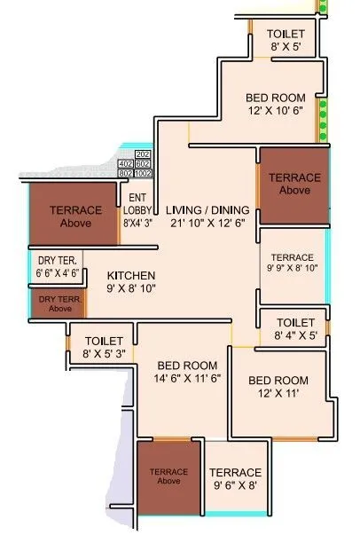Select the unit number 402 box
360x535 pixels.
(125, 164)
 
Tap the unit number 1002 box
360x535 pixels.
(144, 174)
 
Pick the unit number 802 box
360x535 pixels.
(125, 174)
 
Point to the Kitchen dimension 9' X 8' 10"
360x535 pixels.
(131, 288)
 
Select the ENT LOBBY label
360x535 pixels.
(137, 204)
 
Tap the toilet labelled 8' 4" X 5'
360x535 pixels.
(295, 335)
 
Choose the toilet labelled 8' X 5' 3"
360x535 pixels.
(106, 354)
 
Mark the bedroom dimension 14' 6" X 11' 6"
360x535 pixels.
(187, 378)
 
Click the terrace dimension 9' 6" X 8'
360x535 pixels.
(235, 485)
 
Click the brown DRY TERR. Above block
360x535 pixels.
(59, 303)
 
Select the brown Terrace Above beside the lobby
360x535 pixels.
(74, 216)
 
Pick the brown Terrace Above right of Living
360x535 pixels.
(293, 184)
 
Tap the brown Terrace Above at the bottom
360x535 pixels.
(168, 476)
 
